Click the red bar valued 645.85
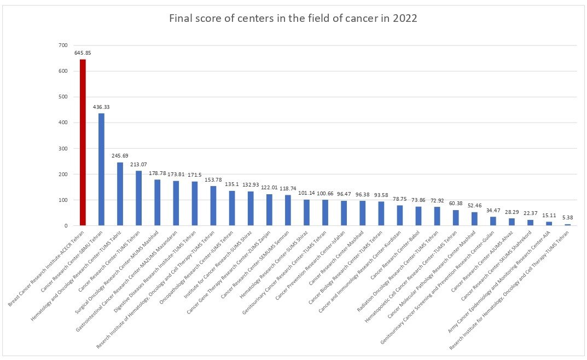pyautogui.click(x=83, y=142)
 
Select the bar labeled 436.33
pyautogui.click(x=101, y=169)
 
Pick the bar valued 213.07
pyautogui.click(x=138, y=198)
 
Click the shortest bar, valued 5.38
pyautogui.click(x=567, y=225)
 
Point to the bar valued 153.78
pyautogui.click(x=213, y=206)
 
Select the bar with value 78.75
pyautogui.click(x=400, y=216)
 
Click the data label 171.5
pyautogui.click(x=195, y=175)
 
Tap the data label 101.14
pyautogui.click(x=306, y=193)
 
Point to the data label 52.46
pyautogui.click(x=474, y=206)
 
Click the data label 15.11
pyautogui.click(x=549, y=216)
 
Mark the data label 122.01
pyautogui.click(x=269, y=188)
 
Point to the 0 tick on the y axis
pyautogui.click(x=66, y=225)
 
